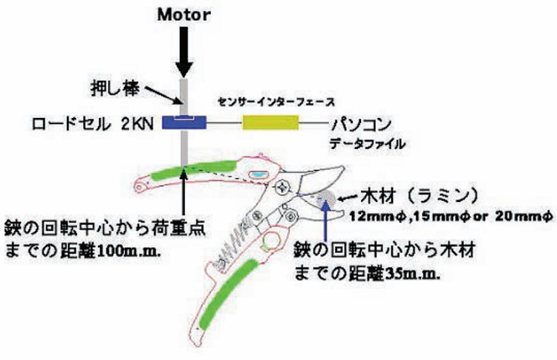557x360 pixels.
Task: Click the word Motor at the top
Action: pyautogui.click(x=183, y=13)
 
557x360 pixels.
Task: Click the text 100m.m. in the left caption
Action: pyautogui.click(x=129, y=249)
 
